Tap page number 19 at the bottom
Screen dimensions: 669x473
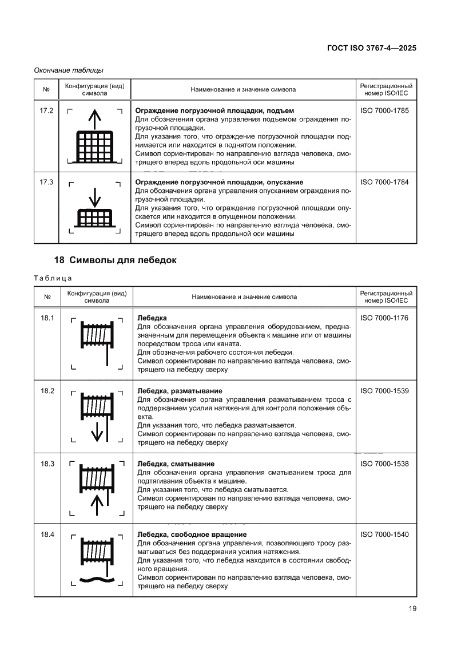412,608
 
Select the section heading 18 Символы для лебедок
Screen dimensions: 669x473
116,260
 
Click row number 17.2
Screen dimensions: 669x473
46,110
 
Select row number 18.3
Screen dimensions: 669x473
46,464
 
